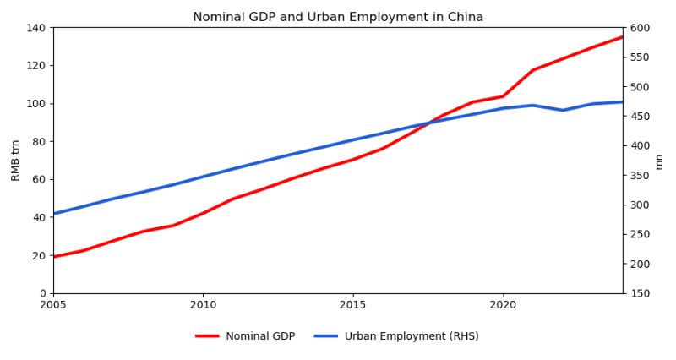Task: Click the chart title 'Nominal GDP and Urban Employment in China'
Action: [338, 17]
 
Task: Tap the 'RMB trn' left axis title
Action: [16, 161]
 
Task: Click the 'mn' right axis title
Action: [660, 161]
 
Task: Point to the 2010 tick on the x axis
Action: [203, 305]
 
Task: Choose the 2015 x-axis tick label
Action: [353, 305]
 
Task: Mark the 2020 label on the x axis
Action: [503, 305]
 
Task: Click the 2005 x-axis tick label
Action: [53, 305]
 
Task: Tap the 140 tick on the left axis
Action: [35, 28]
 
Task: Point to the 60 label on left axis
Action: [38, 180]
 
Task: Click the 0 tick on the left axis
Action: [41, 293]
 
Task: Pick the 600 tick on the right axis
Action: [640, 28]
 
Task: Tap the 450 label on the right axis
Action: [640, 117]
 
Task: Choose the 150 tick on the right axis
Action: [640, 293]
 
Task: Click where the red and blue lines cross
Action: [428, 123]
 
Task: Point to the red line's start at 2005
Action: [54, 256]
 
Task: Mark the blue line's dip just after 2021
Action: [563, 110]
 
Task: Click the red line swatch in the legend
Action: [207, 336]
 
